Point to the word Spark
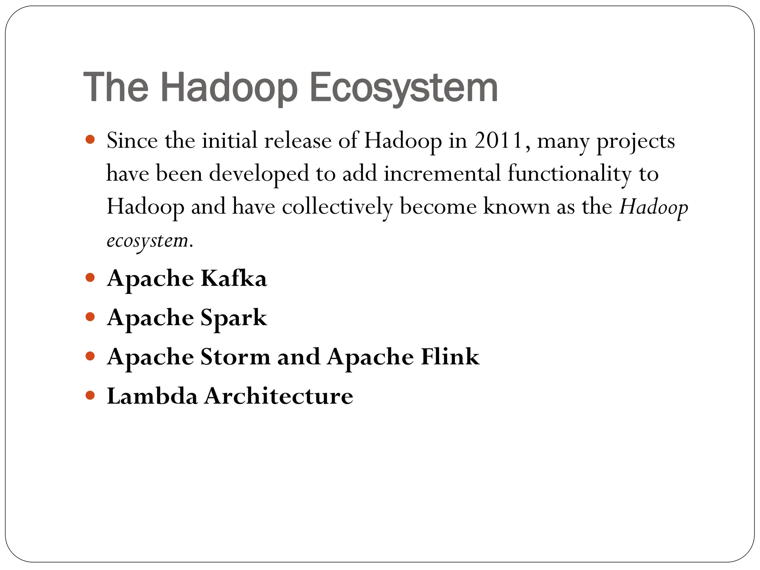click(x=234, y=318)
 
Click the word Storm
click(x=235, y=357)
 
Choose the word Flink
click(x=450, y=357)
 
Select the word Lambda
click(x=152, y=396)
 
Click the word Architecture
click(x=279, y=396)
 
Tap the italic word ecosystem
click(x=147, y=241)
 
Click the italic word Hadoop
click(x=653, y=207)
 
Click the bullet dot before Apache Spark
click(x=90, y=317)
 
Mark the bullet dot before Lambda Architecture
click(x=90, y=395)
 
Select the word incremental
click(x=442, y=174)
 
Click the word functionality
click(x=569, y=174)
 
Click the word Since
click(x=132, y=141)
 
